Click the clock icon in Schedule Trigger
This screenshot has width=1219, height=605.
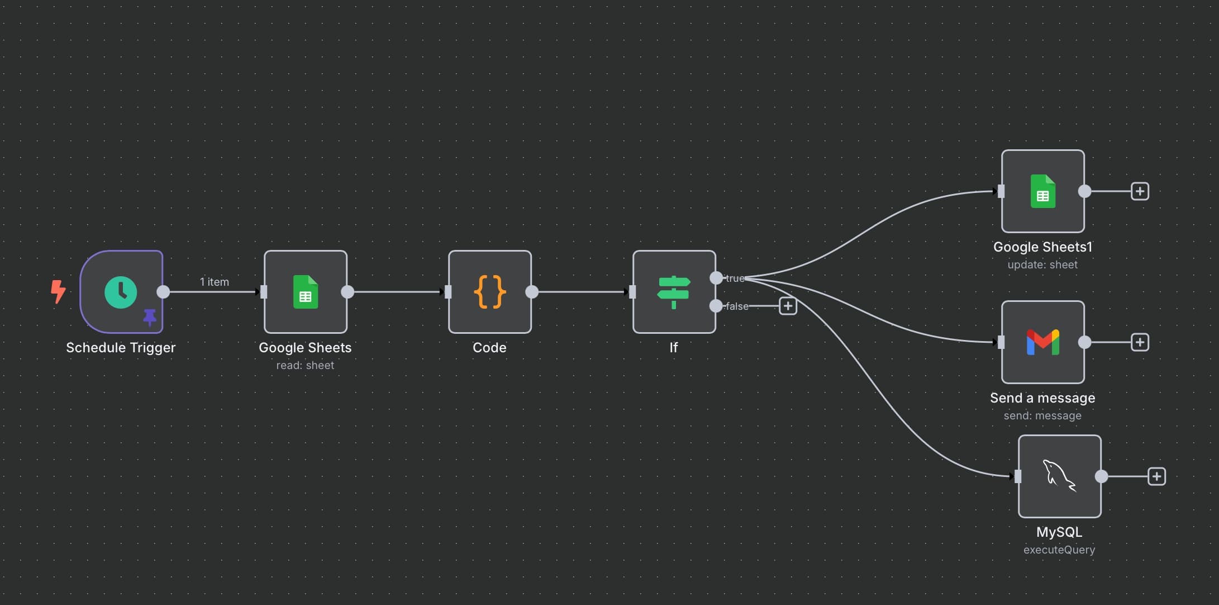[x=121, y=292]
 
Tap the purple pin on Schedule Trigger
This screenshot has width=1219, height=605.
[x=150, y=317]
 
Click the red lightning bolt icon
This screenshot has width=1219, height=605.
[x=58, y=291]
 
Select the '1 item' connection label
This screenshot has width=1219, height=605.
[x=215, y=282]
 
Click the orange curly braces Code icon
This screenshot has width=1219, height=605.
[x=490, y=292]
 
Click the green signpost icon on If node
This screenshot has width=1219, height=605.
[x=674, y=292]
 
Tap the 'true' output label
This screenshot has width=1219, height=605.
[x=735, y=278]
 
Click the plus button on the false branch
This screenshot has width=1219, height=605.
[x=788, y=306]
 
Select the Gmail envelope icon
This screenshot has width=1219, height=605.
[x=1042, y=342]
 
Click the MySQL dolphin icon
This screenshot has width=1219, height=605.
[x=1059, y=476]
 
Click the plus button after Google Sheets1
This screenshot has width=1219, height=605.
[x=1140, y=191]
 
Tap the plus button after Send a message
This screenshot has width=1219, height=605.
[x=1140, y=342]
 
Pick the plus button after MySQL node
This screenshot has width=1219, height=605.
[x=1156, y=476]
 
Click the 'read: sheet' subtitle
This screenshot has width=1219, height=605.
[x=305, y=365]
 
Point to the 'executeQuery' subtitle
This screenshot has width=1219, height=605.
[x=1059, y=550]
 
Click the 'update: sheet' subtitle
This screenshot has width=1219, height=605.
[x=1042, y=264]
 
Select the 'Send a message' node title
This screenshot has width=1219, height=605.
[x=1042, y=398]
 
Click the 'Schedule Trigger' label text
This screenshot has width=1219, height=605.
[x=121, y=347]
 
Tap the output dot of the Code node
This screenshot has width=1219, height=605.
[x=532, y=292]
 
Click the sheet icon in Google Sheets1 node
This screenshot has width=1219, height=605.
[x=1042, y=191]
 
